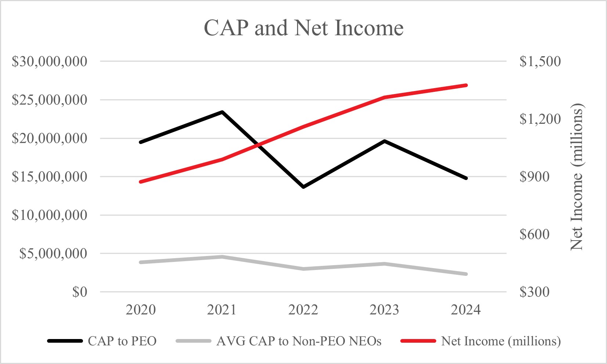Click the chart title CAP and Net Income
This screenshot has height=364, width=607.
click(x=303, y=28)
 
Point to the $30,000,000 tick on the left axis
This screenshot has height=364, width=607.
click(x=50, y=61)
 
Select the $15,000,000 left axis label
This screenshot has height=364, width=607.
click(x=50, y=177)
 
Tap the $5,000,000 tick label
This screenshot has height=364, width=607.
click(x=53, y=253)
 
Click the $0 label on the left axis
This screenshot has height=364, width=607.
click(x=80, y=292)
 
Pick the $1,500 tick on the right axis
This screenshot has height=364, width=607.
click(x=540, y=61)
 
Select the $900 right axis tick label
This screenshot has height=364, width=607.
click(x=534, y=177)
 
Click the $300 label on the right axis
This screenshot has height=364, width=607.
click(x=534, y=292)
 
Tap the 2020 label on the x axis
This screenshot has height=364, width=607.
click(x=141, y=310)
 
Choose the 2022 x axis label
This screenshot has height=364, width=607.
click(x=303, y=310)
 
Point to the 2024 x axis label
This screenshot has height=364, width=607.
click(x=466, y=310)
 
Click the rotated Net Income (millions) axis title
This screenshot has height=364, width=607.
click(x=577, y=177)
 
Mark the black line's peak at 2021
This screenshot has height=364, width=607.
click(x=222, y=112)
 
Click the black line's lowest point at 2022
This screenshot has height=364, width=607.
click(x=303, y=187)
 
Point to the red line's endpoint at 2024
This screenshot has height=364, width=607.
click(x=466, y=85)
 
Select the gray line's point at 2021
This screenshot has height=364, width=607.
click(x=222, y=257)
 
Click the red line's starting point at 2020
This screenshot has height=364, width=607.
click(x=141, y=182)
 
